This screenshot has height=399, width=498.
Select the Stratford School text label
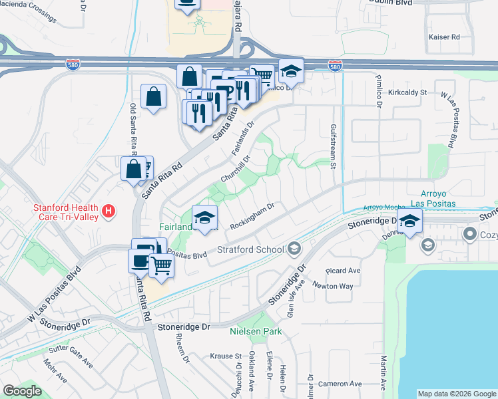pyautogui.click(x=250, y=250)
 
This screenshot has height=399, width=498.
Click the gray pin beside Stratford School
pyautogui.click(x=294, y=249)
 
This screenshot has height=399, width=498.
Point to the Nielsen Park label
pyautogui.click(x=256, y=331)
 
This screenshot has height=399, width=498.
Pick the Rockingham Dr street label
pyautogui.click(x=252, y=216)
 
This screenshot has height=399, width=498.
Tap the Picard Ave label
pyautogui.click(x=343, y=271)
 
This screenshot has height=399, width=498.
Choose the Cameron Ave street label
pyautogui.click(x=340, y=384)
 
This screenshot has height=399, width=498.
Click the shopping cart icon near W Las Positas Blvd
pyautogui.click(x=162, y=265)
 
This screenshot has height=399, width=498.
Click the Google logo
pyautogui.click(x=22, y=391)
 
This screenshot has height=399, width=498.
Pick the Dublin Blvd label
pyautogui.click(x=389, y=3)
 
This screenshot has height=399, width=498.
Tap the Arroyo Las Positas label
pyautogui.click(x=433, y=198)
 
